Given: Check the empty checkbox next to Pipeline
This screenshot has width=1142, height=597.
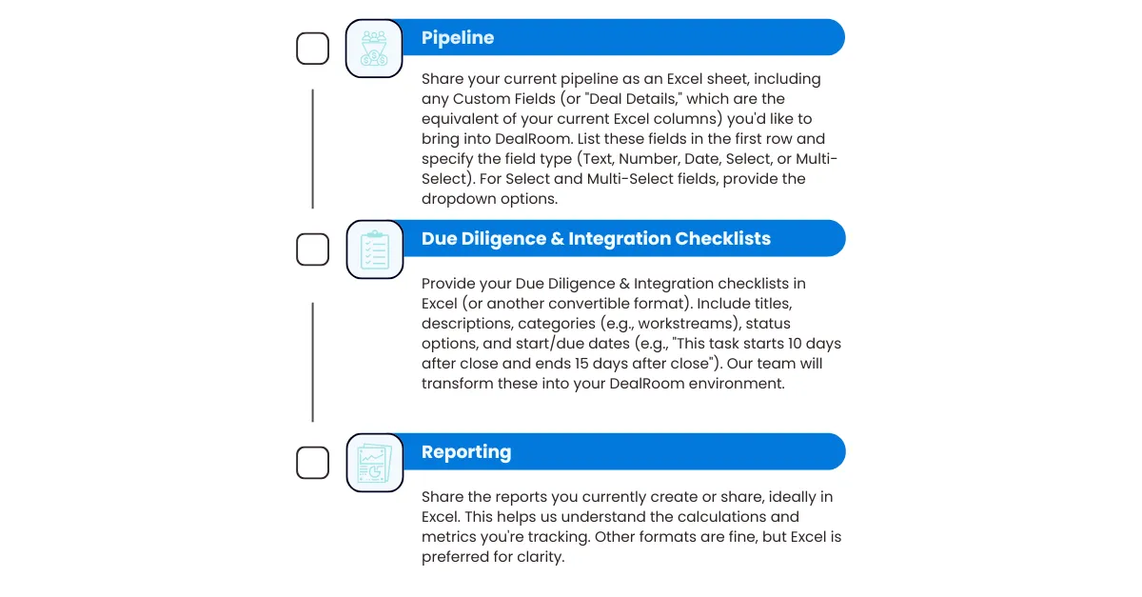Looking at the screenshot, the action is (x=312, y=49).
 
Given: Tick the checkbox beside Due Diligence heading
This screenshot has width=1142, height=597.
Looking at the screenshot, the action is (x=312, y=249).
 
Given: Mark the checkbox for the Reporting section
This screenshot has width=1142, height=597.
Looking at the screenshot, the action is (x=312, y=463).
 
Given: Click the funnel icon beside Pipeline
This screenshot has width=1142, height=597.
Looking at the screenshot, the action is (x=374, y=49).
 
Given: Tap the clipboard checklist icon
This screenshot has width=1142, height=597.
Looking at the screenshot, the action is (x=375, y=249).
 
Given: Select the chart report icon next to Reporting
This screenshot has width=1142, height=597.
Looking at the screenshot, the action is (x=375, y=463).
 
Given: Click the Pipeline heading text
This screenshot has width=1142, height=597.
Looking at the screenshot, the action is (x=458, y=38).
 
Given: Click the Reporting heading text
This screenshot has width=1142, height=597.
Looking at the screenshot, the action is (x=466, y=452).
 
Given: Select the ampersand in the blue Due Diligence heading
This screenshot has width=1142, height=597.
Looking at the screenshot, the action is (x=558, y=238).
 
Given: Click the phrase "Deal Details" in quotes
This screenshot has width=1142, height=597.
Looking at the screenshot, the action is (x=631, y=98).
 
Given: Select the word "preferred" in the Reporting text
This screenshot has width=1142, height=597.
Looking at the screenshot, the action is (x=455, y=557).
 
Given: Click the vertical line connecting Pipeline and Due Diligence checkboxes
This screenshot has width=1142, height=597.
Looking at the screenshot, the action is (x=312, y=149).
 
